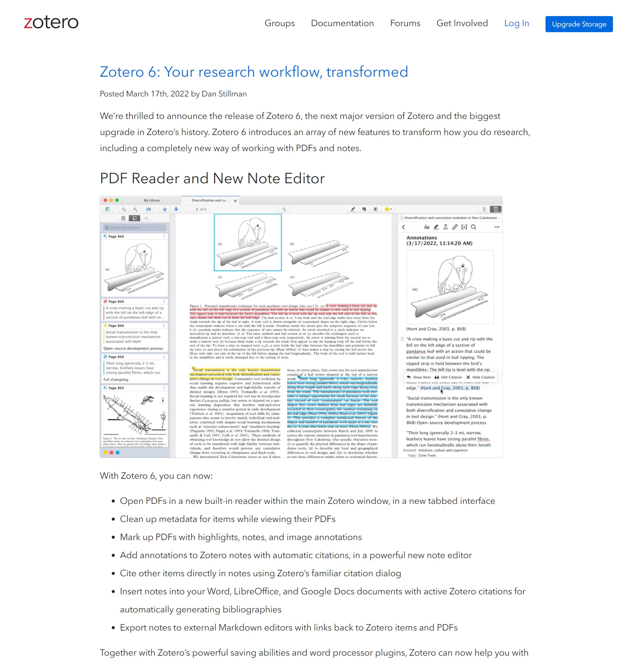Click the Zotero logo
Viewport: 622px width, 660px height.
pos(51,22)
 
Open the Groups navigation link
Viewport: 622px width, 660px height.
pos(279,23)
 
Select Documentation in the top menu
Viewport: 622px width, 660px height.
pos(342,23)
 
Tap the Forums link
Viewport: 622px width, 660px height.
pos(405,23)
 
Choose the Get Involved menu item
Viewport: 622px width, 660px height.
pos(462,23)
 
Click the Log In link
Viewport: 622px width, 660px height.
pos(516,23)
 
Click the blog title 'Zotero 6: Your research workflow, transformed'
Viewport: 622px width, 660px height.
pos(254,72)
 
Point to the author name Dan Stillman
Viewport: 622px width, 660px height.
pos(224,94)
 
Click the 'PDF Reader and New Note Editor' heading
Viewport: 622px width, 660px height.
pos(212,178)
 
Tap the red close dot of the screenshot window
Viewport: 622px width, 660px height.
pos(105,200)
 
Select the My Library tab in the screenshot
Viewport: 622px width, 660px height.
pos(152,200)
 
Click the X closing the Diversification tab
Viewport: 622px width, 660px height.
pos(235,201)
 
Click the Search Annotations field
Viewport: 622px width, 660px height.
pos(135,227)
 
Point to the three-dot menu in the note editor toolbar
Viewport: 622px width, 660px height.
pos(497,227)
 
